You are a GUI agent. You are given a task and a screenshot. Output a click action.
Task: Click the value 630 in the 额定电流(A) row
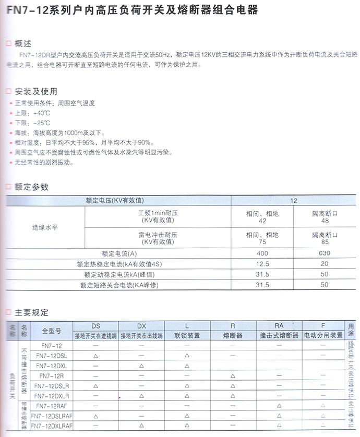click(x=325, y=253)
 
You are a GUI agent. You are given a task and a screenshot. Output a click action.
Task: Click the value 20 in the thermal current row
click(x=325, y=264)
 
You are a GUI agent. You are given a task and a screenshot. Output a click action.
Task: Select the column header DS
click(x=96, y=325)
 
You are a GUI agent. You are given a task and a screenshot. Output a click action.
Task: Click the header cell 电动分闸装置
click(x=323, y=335)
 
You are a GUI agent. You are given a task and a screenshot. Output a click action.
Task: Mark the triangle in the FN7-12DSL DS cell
click(x=96, y=356)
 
